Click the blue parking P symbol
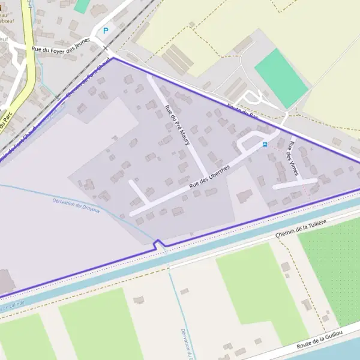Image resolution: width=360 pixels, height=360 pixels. [106, 31]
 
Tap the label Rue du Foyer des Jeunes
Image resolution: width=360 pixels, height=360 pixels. [60, 46]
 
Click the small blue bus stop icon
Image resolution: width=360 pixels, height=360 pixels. [265, 145]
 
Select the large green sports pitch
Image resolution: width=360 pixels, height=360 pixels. [281, 77]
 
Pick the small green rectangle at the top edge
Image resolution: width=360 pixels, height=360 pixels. [81, 6]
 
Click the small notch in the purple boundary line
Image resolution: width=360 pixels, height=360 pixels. [160, 244]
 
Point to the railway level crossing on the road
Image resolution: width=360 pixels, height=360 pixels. [106, 49]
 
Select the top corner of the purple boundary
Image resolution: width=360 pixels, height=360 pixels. [113, 58]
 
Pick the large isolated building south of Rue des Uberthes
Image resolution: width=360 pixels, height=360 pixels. [244, 196]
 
